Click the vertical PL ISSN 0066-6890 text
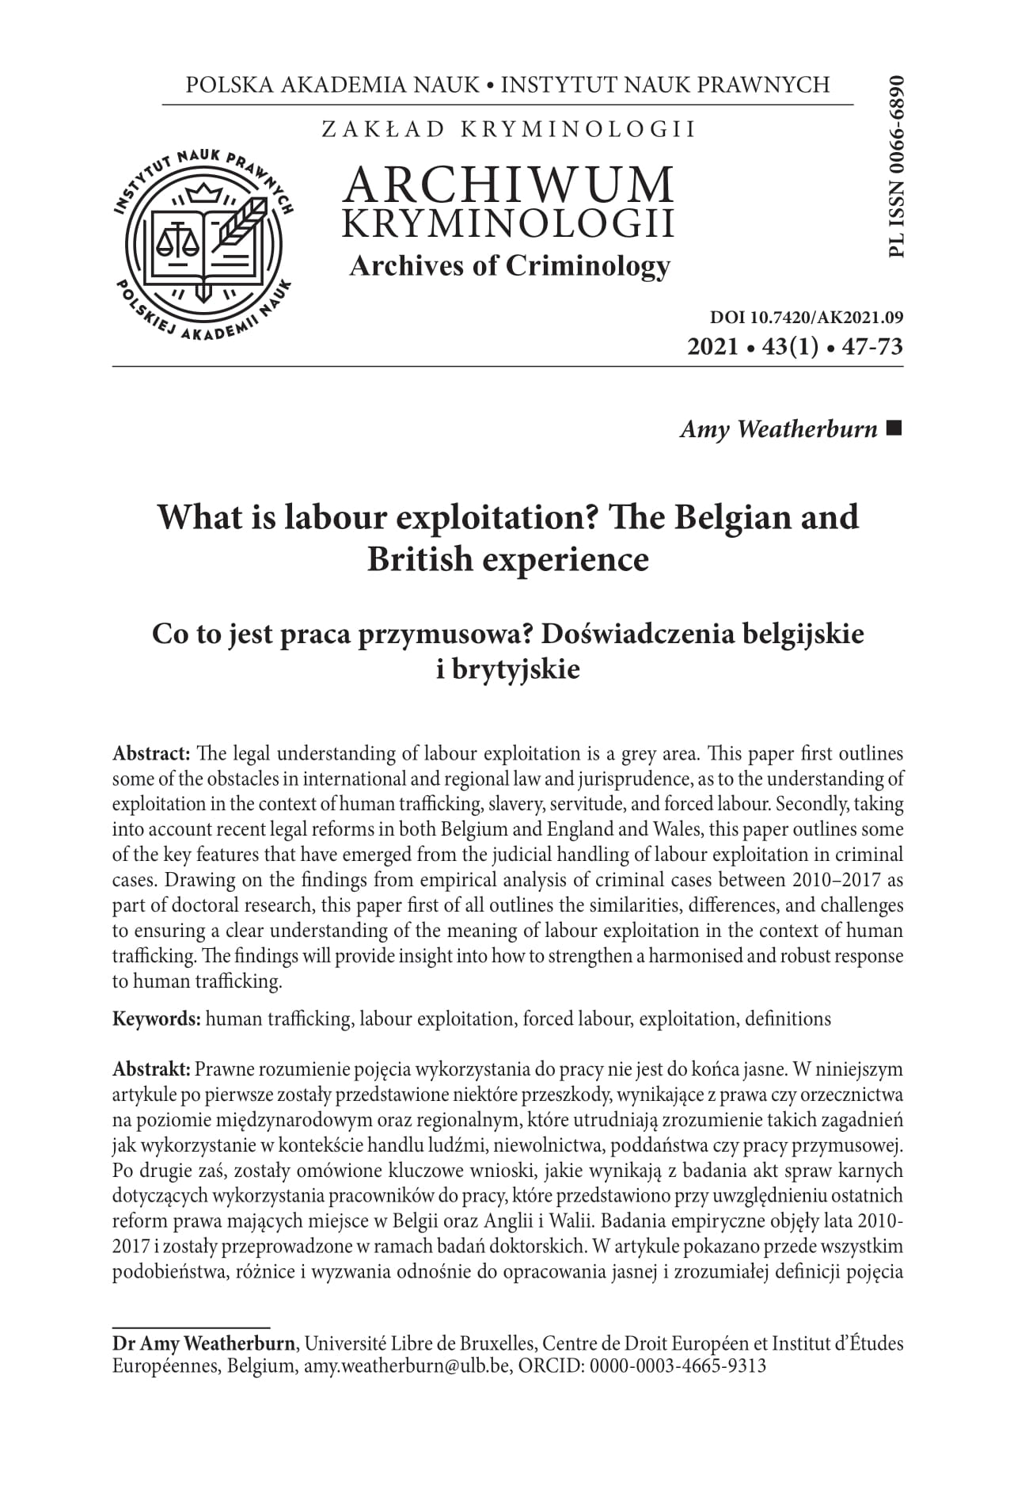pyautogui.click(x=896, y=166)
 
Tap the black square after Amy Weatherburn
pyautogui.click(x=894, y=429)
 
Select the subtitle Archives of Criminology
pyautogui.click(x=510, y=266)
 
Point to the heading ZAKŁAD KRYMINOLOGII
pyautogui.click(x=509, y=129)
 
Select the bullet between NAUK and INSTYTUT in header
pyautogui.click(x=491, y=84)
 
